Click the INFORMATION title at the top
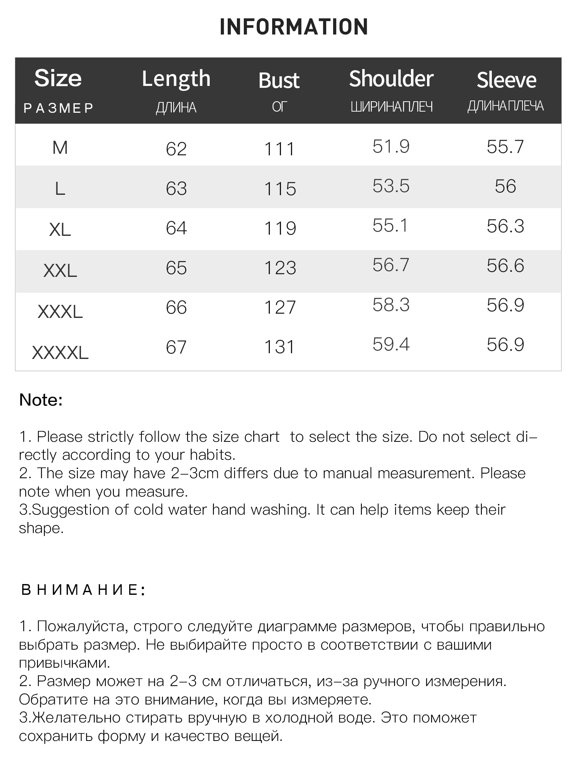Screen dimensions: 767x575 [x=294, y=27]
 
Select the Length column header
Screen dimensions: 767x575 [x=176, y=79]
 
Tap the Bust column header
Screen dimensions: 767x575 [x=279, y=81]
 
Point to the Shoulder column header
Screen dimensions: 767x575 [x=391, y=79]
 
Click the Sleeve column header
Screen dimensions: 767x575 [x=506, y=80]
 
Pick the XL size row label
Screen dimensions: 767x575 [x=60, y=229]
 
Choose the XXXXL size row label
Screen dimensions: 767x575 [x=60, y=352]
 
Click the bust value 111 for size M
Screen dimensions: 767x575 [x=279, y=149]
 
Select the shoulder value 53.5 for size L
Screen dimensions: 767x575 [x=391, y=186]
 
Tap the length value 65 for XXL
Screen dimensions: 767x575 [x=176, y=268]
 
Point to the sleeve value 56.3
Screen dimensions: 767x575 [x=505, y=226]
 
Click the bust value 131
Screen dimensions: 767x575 [x=279, y=347]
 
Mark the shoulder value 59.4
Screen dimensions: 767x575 [x=391, y=344]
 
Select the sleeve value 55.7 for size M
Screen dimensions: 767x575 [x=505, y=147]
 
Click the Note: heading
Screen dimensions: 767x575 [x=41, y=400]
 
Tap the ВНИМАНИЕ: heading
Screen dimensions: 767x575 [x=83, y=590]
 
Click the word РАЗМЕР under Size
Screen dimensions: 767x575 [x=59, y=108]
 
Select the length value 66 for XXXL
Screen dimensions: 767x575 [x=176, y=308]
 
